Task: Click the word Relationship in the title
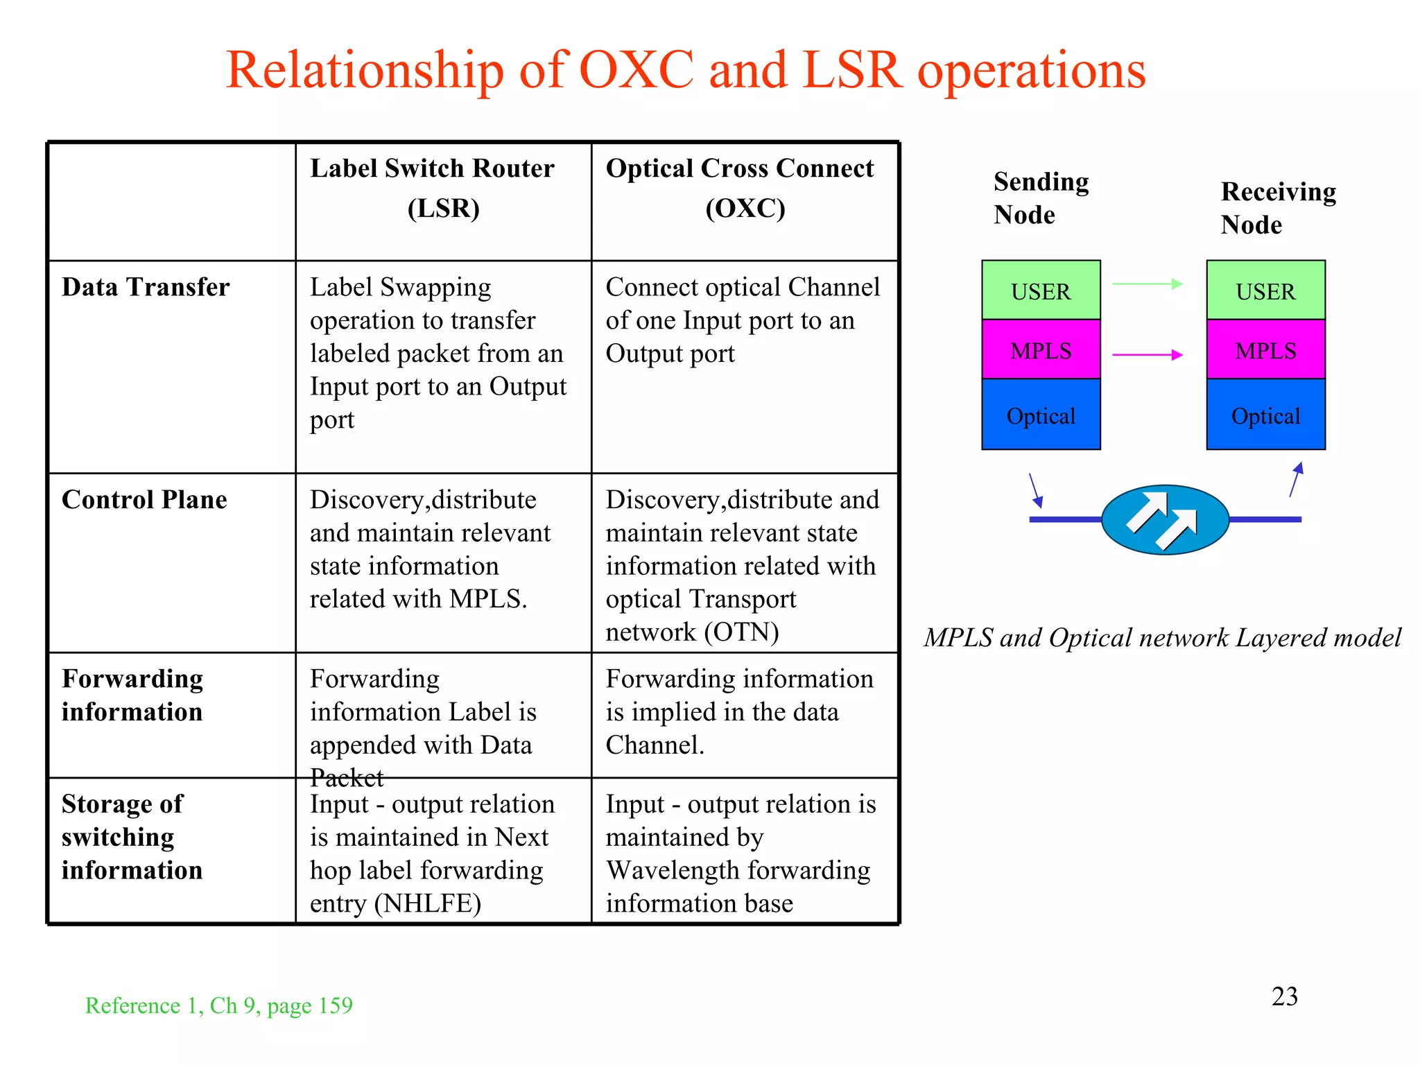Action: (x=365, y=71)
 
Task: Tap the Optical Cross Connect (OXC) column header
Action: (x=740, y=188)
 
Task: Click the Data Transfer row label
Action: (x=146, y=287)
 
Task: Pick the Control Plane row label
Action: (x=144, y=500)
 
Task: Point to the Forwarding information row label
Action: (x=132, y=695)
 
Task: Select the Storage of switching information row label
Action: (x=132, y=836)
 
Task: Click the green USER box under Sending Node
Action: (x=1041, y=291)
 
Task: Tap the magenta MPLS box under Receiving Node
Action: (x=1265, y=349)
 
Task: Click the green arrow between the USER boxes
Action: (x=1148, y=284)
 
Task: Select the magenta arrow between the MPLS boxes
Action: (x=1148, y=354)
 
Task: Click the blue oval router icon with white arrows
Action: (x=1165, y=520)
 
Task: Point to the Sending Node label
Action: (x=1041, y=198)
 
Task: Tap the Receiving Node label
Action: (x=1278, y=207)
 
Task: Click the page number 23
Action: (x=1284, y=996)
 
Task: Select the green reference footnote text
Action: (x=218, y=1005)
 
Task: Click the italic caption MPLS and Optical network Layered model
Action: (x=1162, y=637)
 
